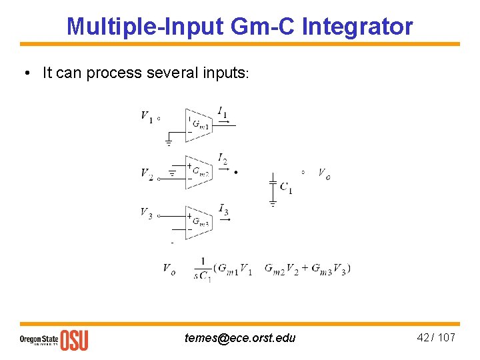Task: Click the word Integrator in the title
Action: (357, 27)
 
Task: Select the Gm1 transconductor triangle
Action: (198, 125)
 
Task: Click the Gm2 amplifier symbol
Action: (198, 172)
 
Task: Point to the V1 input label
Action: (146, 117)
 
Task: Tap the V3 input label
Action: (146, 213)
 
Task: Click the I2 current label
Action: (223, 159)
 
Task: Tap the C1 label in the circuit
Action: (285, 188)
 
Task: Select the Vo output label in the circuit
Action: (324, 174)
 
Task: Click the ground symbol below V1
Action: (169, 142)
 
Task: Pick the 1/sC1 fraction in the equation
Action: (202, 269)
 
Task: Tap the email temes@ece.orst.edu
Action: (240, 338)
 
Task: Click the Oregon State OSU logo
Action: (53, 339)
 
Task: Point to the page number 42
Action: (423, 337)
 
